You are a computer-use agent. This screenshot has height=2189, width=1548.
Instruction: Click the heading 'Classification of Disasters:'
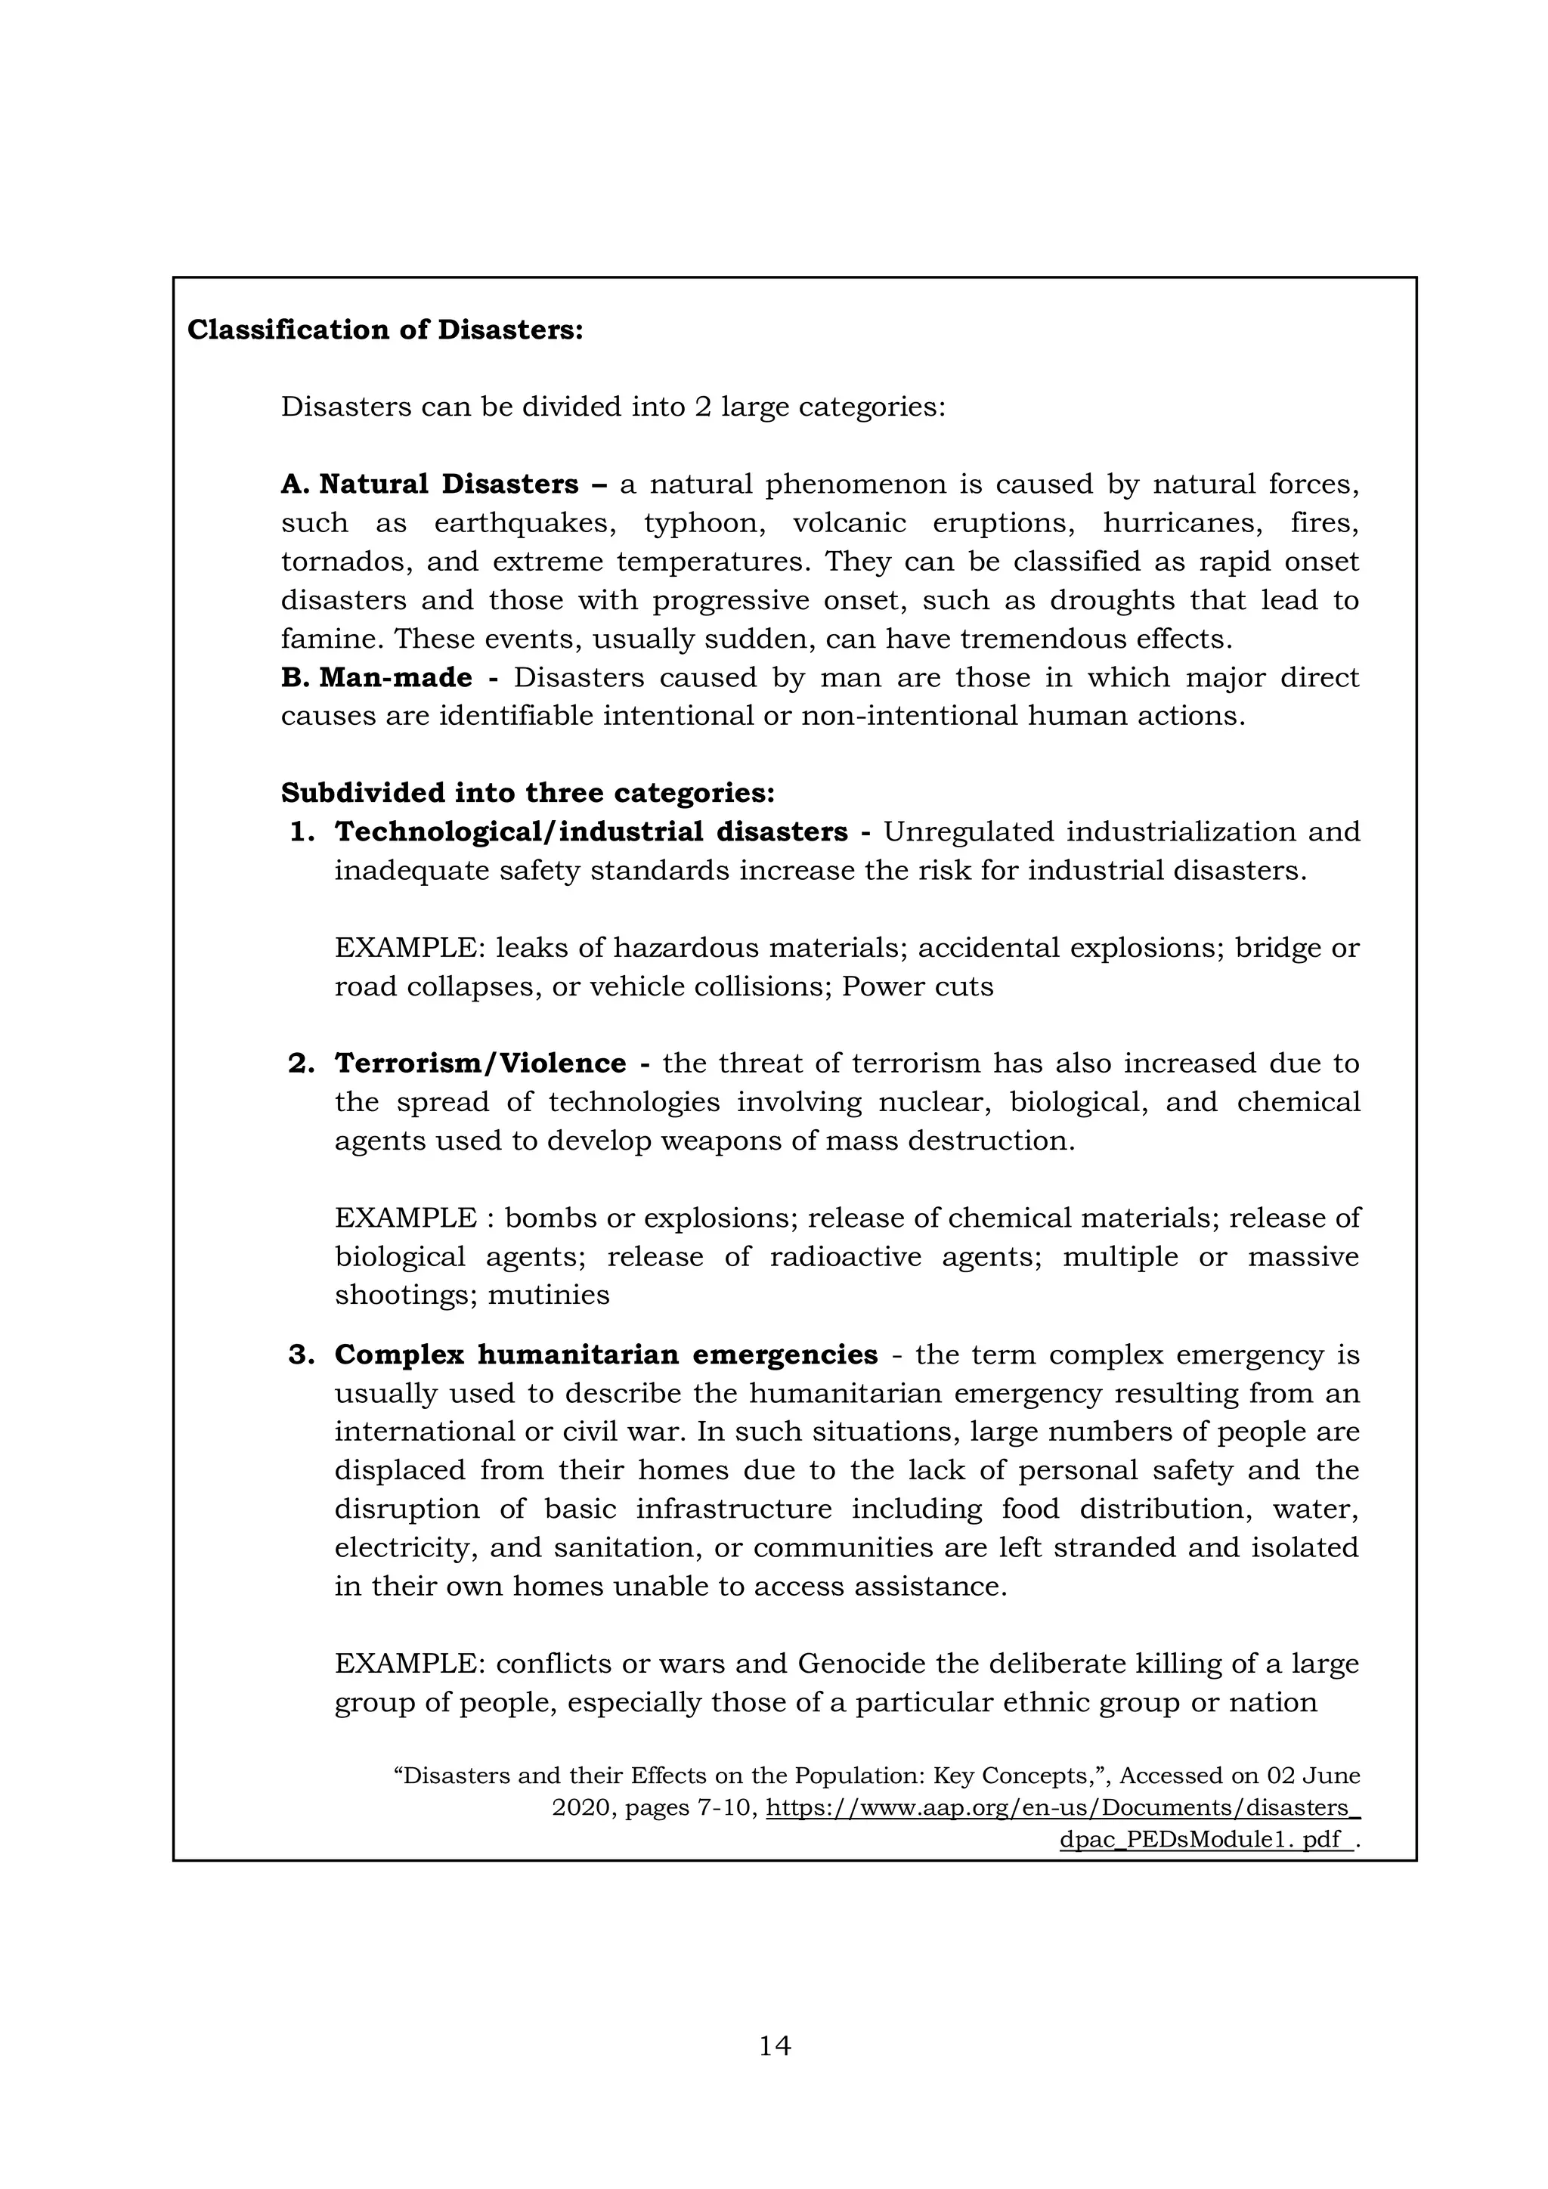click(x=384, y=330)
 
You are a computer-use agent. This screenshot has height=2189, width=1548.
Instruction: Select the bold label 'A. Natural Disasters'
click(x=429, y=485)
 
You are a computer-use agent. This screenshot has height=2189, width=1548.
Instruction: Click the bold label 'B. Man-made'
click(x=376, y=677)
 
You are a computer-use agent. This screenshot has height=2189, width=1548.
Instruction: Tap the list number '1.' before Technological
click(x=302, y=831)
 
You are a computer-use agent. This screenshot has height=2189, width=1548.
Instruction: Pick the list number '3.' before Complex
click(x=302, y=1354)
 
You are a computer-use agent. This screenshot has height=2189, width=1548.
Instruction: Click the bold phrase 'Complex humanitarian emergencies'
click(x=606, y=1354)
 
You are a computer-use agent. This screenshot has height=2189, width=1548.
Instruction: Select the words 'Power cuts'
click(x=917, y=986)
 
